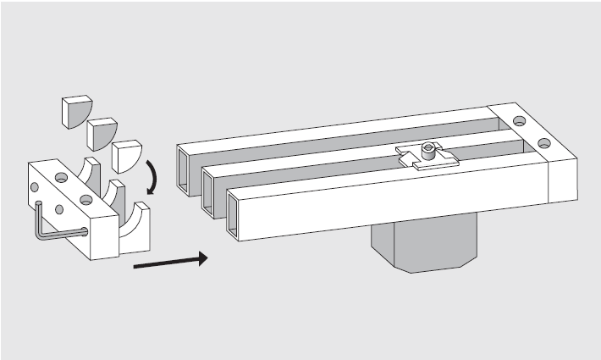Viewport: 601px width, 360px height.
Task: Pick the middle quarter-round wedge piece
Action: pyautogui.click(x=99, y=132)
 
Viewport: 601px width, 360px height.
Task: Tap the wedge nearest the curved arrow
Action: pyautogui.click(x=127, y=156)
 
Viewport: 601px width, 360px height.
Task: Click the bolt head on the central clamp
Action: pyautogui.click(x=430, y=152)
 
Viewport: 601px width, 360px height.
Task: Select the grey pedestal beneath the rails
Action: pyautogui.click(x=423, y=246)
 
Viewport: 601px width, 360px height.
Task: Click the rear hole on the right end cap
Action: pyautogui.click(x=517, y=120)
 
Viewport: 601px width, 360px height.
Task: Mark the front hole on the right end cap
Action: pyautogui.click(x=543, y=143)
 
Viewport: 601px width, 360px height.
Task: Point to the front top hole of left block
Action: pyautogui.click(x=85, y=200)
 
